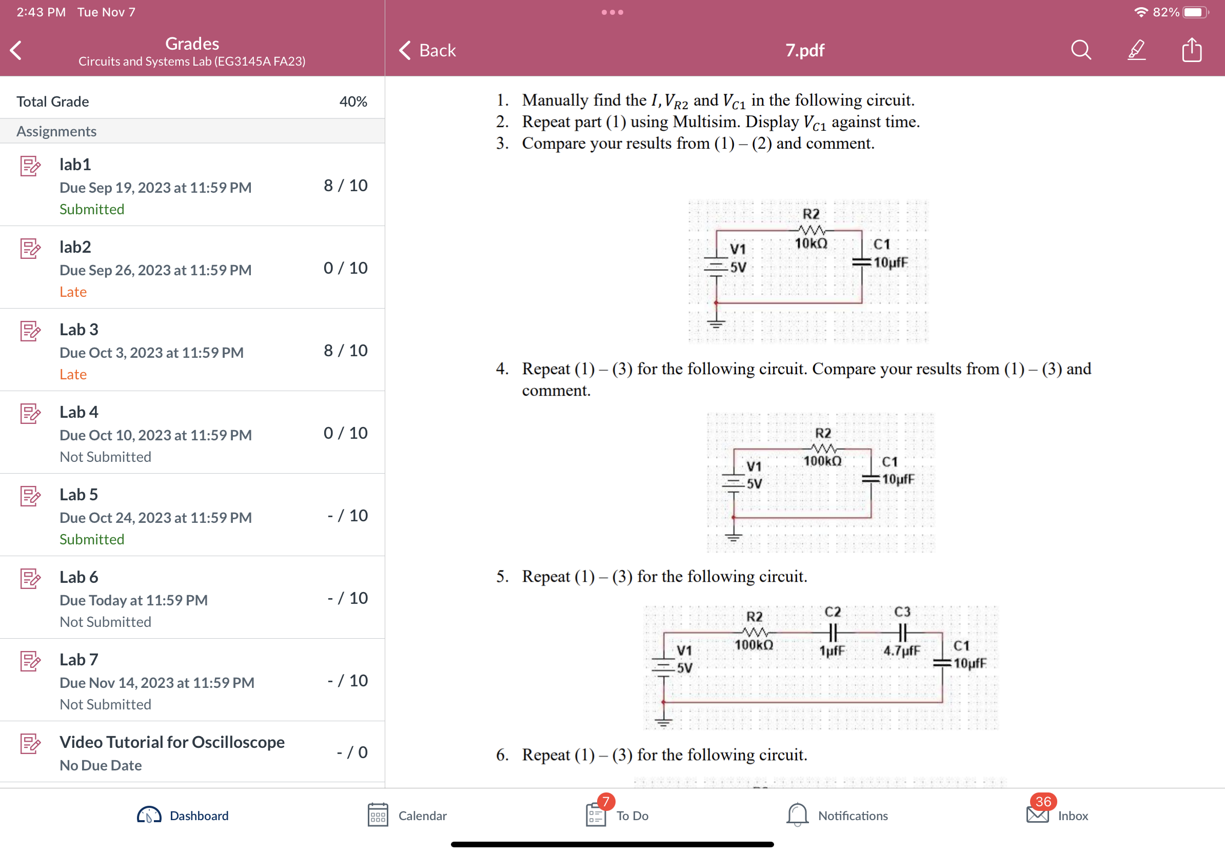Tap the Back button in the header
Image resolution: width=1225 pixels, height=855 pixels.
point(427,50)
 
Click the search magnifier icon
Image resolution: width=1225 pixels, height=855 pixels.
point(1080,50)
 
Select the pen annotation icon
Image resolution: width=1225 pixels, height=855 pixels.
point(1136,50)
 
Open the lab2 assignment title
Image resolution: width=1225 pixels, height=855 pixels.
point(75,247)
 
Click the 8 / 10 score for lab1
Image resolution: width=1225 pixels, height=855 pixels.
point(345,186)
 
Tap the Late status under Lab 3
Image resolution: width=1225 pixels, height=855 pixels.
point(73,374)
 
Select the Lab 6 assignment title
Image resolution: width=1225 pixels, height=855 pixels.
point(79,577)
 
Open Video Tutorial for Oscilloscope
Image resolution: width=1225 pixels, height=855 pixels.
point(172,742)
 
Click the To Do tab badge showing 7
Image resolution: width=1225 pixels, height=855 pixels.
point(605,802)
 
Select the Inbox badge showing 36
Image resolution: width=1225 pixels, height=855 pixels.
point(1042,802)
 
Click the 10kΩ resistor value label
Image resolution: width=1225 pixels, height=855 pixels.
point(811,243)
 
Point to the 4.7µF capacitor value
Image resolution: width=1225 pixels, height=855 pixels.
point(901,651)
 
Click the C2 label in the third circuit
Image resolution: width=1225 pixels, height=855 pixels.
point(833,612)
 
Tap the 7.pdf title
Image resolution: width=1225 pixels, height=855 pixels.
point(804,50)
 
